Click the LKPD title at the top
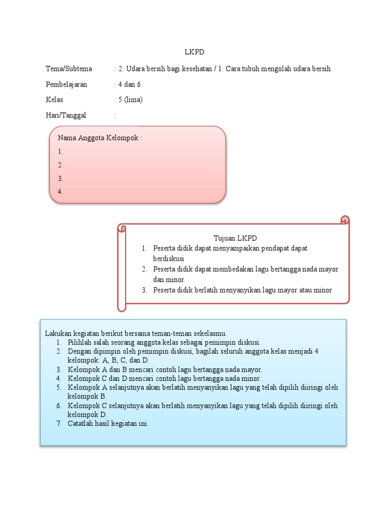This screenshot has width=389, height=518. tap(194, 52)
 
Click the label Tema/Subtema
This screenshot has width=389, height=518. tap(69, 69)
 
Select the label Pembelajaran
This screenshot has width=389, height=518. tap(66, 84)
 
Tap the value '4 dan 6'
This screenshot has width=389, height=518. tap(129, 84)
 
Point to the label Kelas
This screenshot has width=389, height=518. tap(54, 100)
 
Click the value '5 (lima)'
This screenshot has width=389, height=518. tap(130, 100)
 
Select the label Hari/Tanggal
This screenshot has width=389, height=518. tap(66, 115)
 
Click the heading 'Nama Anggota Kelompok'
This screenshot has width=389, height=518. tap(100, 138)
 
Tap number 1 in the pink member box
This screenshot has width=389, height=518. tap(60, 151)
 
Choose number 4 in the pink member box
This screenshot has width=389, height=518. tap(60, 192)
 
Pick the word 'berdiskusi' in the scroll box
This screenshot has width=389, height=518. tap(169, 258)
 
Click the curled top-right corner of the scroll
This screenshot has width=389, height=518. tap(344, 220)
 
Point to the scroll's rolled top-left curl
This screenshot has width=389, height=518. tap(122, 229)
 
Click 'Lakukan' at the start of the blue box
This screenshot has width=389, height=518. tap(57, 333)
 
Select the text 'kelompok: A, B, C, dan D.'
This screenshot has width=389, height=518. tap(108, 360)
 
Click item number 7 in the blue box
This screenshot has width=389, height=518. tap(59, 424)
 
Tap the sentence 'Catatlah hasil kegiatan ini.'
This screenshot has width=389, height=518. tap(108, 424)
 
